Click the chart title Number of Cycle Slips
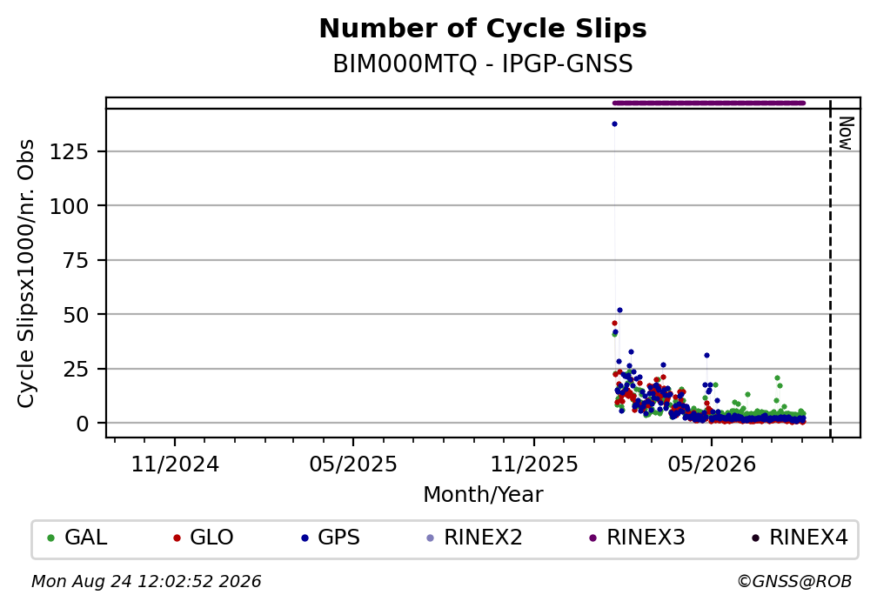point(483,29)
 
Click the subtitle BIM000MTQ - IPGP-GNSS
point(483,64)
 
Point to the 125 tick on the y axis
point(70,151)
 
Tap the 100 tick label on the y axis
point(70,206)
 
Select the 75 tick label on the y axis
point(76,261)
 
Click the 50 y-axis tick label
point(76,315)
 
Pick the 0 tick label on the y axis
point(83,424)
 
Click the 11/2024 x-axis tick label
point(175,464)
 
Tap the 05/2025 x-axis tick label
point(353,464)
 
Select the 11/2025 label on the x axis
point(534,464)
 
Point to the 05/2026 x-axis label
point(712,464)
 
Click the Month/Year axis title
point(483,494)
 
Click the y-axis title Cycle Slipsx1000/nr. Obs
point(26,273)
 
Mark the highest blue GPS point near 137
point(614,124)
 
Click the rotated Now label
point(846,133)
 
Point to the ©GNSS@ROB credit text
point(794,582)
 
